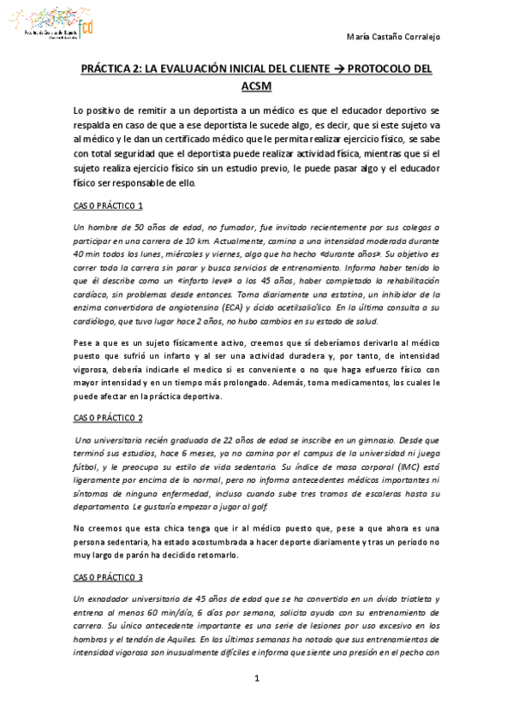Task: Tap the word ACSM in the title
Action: click(x=256, y=89)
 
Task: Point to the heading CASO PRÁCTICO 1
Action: click(x=108, y=206)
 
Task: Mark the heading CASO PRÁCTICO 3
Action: click(x=108, y=577)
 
